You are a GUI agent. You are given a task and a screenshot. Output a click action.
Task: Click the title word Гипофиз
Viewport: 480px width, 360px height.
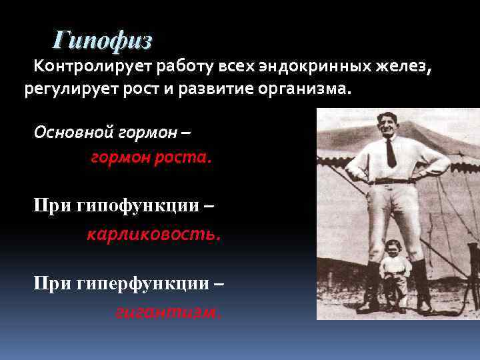pyautogui.click(x=103, y=41)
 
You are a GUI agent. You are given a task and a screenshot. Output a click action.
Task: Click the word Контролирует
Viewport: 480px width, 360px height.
pyautogui.click(x=92, y=67)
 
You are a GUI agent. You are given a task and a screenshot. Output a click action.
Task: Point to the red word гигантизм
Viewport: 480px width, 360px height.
pyautogui.click(x=168, y=311)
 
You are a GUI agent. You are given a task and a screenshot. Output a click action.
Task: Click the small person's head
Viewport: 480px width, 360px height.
pyautogui.click(x=393, y=249)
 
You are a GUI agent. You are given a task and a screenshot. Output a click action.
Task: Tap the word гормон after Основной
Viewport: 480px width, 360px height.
pyautogui.click(x=146, y=131)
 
